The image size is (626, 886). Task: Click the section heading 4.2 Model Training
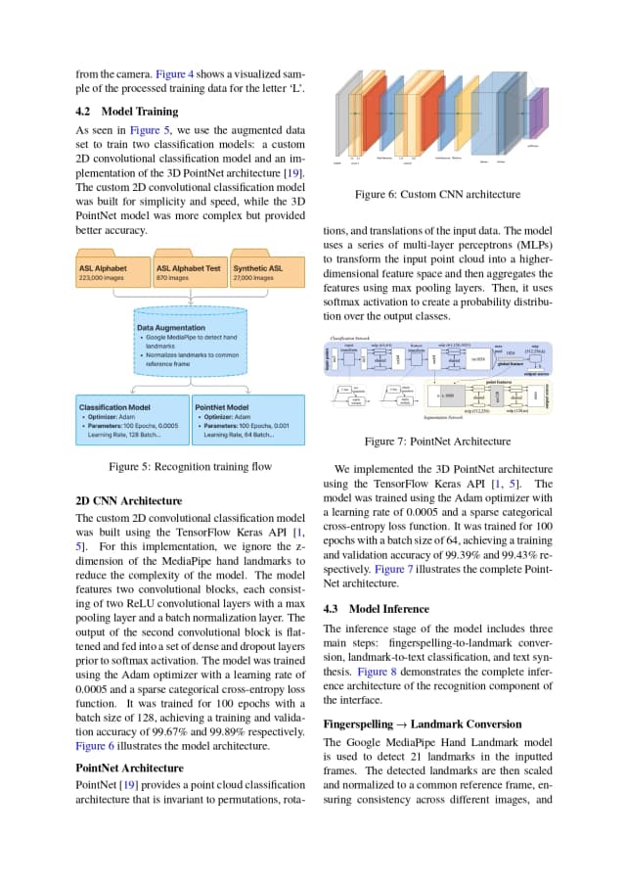point(127,112)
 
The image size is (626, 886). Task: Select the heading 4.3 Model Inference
point(376,608)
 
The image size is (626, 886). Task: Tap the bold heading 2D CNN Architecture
point(128,500)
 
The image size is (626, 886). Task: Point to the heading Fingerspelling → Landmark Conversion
point(422,723)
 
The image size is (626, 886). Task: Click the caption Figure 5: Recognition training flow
point(190,467)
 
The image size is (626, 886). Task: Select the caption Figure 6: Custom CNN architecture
point(437,195)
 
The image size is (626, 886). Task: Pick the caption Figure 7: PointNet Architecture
point(436,442)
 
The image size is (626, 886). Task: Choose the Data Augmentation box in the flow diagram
point(190,348)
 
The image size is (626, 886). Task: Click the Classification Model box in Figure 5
point(131,419)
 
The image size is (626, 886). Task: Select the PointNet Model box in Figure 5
point(249,419)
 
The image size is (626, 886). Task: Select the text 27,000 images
point(257,278)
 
